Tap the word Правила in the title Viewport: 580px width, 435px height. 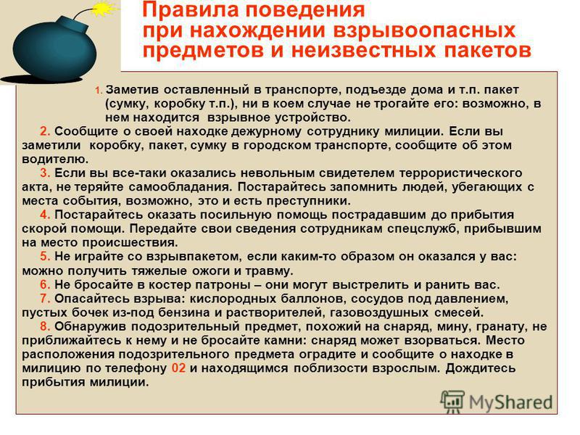[190, 10]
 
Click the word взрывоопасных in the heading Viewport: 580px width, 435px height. [424, 30]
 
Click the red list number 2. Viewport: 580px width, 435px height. [45, 131]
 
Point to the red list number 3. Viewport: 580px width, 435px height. [45, 173]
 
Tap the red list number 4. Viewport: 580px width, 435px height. [45, 215]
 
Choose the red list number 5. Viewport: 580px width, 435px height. [45, 257]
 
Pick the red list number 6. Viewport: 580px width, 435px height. [45, 284]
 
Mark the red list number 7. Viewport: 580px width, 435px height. [45, 299]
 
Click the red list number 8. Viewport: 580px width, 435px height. [45, 326]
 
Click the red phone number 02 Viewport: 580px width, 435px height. [178, 368]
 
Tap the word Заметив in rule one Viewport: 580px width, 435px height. [132, 89]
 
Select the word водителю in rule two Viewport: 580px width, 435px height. [55, 159]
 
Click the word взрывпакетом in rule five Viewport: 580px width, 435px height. [194, 257]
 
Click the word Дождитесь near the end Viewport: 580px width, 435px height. [480, 368]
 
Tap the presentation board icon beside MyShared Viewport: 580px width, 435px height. [452, 401]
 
